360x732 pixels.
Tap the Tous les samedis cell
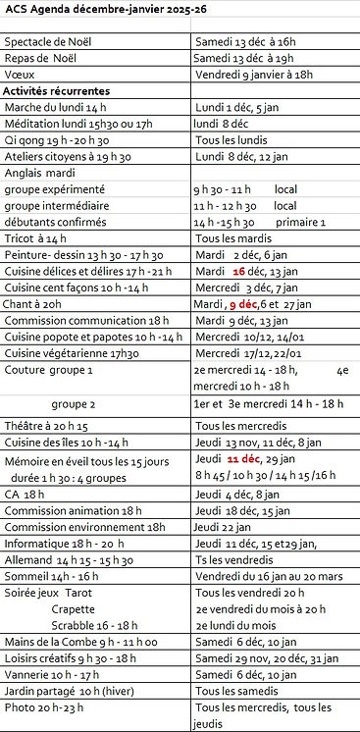[x=235, y=692]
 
